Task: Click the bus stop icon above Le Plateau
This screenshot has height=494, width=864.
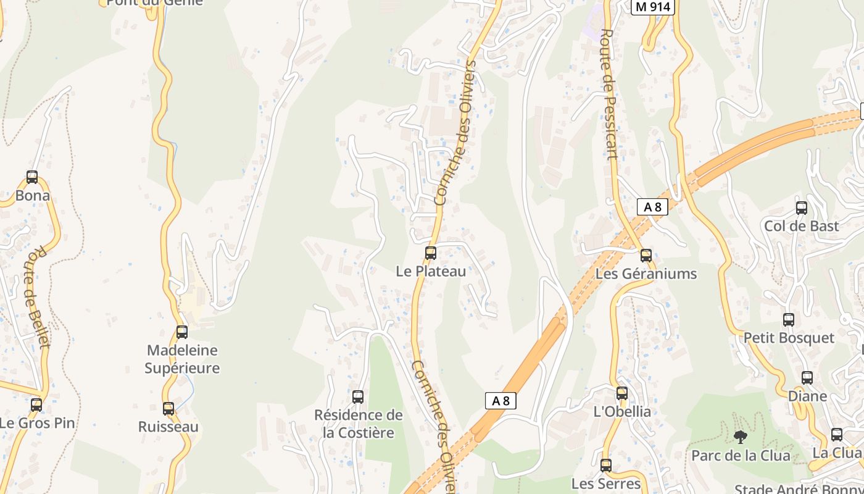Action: tap(431, 253)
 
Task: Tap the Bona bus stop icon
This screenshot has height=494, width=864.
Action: tap(32, 178)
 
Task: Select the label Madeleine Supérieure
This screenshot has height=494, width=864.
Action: tap(182, 359)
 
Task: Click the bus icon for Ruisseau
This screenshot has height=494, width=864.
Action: tap(168, 409)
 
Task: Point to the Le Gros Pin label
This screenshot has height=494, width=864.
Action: tap(37, 424)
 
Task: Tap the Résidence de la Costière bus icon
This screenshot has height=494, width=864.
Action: tap(358, 397)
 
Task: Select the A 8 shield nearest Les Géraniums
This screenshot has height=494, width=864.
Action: tap(652, 207)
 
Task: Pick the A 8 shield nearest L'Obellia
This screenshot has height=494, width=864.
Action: tap(500, 401)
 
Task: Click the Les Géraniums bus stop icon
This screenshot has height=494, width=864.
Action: tap(646, 256)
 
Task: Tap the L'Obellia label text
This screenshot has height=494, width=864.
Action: tap(622, 412)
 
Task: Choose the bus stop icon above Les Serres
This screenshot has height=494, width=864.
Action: tap(606, 466)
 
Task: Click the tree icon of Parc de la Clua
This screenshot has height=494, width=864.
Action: tap(740, 437)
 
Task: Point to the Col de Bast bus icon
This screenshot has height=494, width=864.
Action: tap(802, 208)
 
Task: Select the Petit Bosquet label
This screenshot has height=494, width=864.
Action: tap(789, 338)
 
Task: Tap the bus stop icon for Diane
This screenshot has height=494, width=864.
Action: tap(807, 378)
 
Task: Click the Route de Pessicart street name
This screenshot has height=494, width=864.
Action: tap(609, 94)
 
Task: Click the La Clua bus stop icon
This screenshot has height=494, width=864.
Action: tap(837, 435)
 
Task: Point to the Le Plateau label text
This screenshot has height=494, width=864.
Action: tap(431, 271)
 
